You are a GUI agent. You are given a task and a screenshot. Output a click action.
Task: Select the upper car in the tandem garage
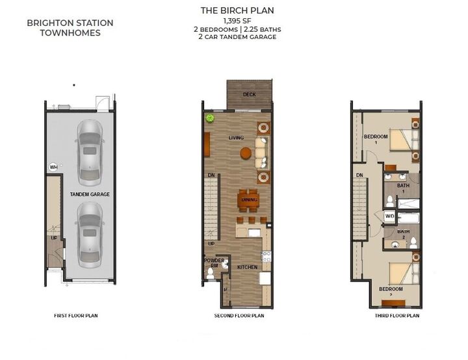[x=89, y=152]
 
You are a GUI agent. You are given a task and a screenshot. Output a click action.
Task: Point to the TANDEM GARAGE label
[x=90, y=194]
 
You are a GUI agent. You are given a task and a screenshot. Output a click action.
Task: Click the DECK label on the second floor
[x=249, y=95]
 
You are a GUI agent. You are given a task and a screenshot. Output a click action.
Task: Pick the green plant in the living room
[x=210, y=118]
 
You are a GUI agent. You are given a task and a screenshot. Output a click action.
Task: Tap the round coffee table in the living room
[x=246, y=153]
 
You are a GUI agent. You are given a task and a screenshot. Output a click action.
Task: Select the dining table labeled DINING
[x=248, y=199]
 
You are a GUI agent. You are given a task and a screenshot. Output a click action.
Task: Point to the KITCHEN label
[x=247, y=267]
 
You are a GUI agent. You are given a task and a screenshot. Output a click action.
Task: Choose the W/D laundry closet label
[x=390, y=216]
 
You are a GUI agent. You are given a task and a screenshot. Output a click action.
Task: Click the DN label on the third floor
[x=359, y=175]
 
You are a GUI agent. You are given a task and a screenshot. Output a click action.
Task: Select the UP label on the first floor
[x=54, y=238]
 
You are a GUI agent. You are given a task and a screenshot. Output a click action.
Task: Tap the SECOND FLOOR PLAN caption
[x=239, y=316]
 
